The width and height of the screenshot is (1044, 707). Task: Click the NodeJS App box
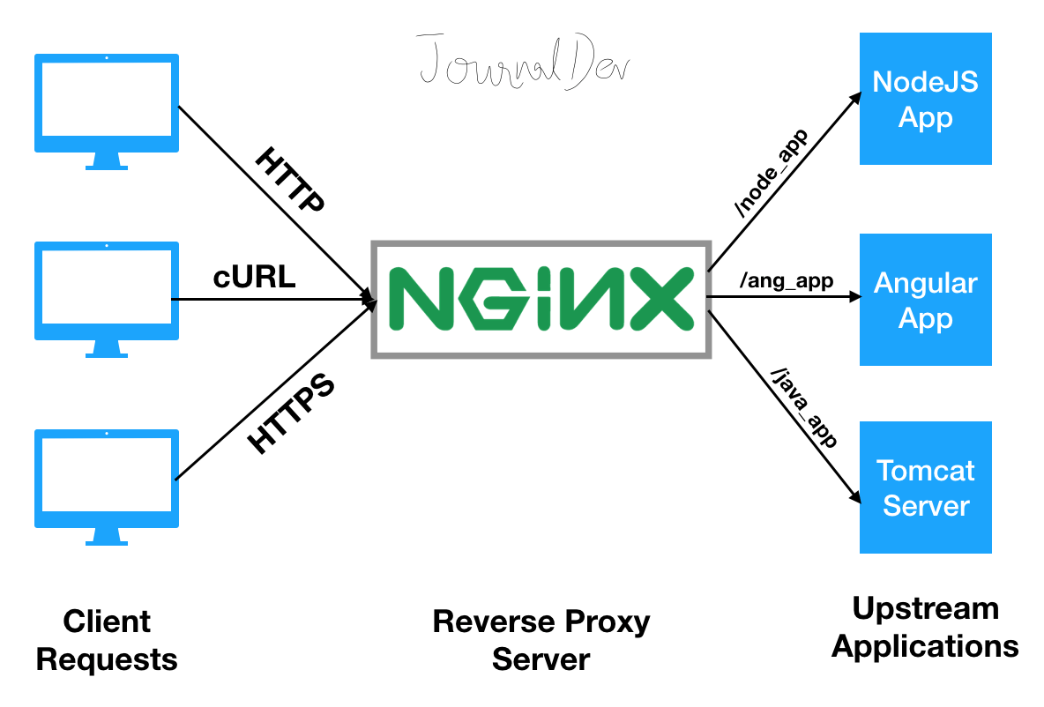coord(925,99)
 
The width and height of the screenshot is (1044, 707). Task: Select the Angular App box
coord(925,300)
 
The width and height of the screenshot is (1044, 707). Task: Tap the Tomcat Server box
coord(925,487)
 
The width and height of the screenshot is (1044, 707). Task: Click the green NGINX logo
coord(541,299)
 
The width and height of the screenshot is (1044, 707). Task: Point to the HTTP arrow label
coord(289,182)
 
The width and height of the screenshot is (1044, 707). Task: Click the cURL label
coord(254,278)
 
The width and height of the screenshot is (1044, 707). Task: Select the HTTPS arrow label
coord(291,413)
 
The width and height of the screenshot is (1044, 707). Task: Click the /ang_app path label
coord(787,281)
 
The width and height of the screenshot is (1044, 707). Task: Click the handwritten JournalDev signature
coord(526,60)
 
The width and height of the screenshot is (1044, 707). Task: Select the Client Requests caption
coord(107,640)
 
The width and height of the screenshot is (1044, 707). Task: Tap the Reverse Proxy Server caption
coord(541,640)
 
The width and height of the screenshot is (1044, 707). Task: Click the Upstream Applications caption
coord(925,627)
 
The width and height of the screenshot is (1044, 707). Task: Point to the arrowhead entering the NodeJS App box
coord(853,94)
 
